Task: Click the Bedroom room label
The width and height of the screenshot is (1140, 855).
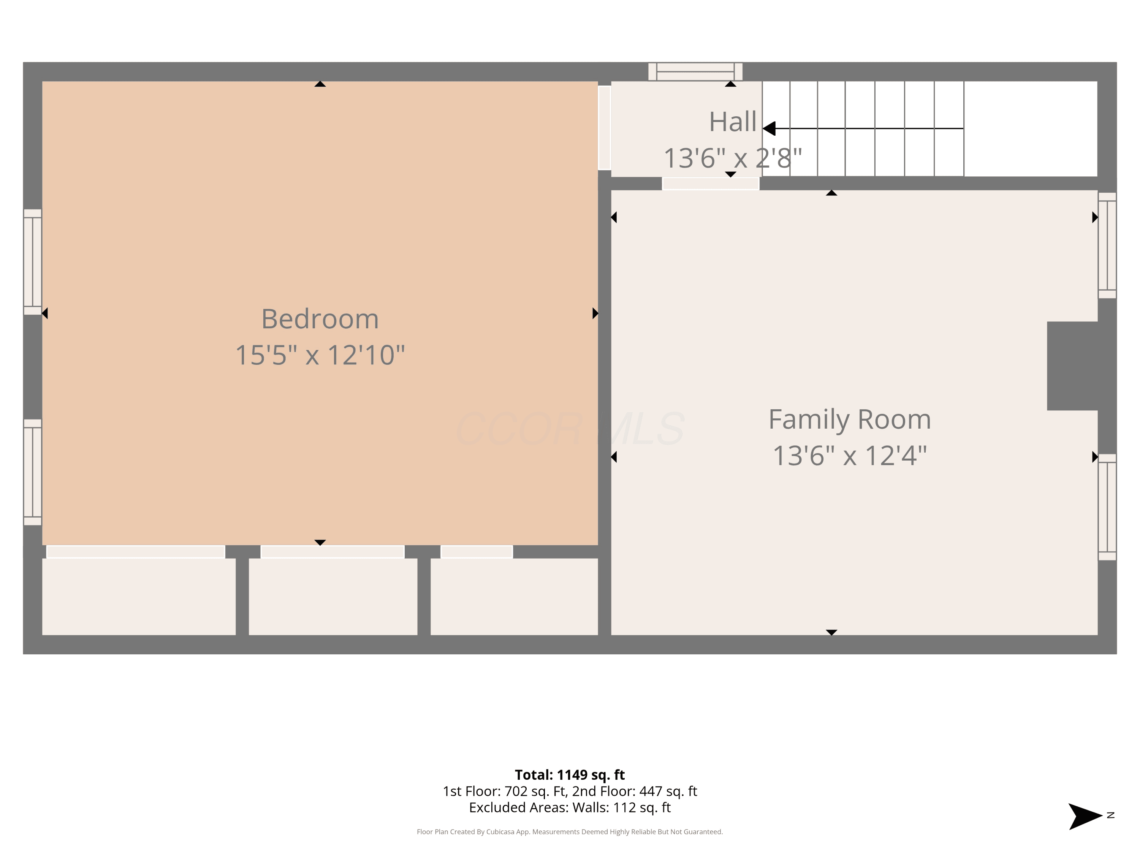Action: [320, 319]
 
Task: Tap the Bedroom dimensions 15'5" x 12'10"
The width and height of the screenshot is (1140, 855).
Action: [320, 355]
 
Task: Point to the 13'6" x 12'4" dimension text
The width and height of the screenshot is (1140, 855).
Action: [850, 456]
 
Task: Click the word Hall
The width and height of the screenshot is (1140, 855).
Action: [732, 122]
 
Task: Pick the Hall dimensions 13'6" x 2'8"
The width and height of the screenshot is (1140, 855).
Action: [732, 158]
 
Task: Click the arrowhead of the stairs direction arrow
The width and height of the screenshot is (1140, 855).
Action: [769, 128]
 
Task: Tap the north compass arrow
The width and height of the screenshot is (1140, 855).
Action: [1085, 816]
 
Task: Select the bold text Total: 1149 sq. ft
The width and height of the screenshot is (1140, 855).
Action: [570, 774]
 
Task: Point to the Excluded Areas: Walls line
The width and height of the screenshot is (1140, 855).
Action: [570, 807]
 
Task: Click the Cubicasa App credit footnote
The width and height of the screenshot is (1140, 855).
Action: [570, 832]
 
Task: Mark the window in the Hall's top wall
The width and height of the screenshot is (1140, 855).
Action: [695, 72]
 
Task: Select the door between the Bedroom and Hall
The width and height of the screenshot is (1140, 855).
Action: [605, 128]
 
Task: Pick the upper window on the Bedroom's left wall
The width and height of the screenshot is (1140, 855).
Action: [32, 262]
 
